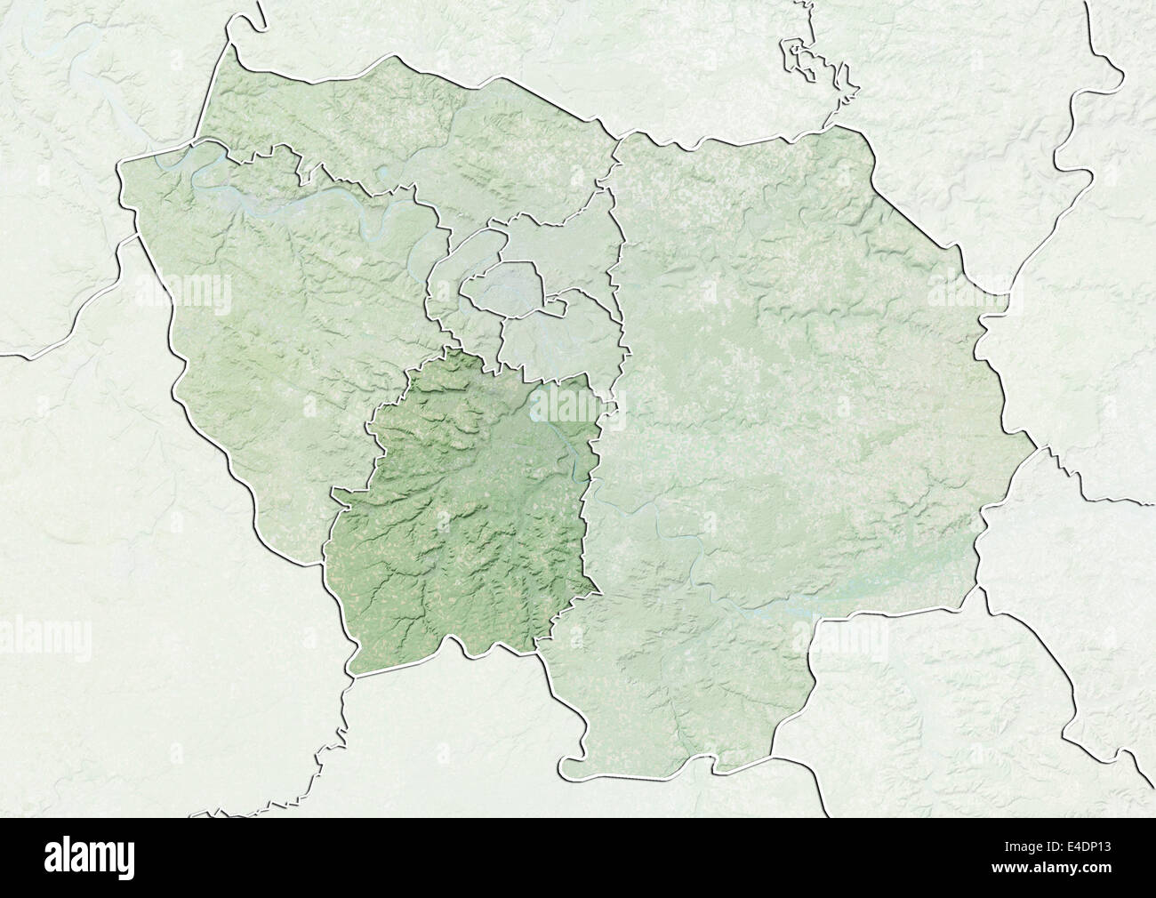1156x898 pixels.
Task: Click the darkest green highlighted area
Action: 462,516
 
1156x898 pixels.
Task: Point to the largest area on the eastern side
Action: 800,400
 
